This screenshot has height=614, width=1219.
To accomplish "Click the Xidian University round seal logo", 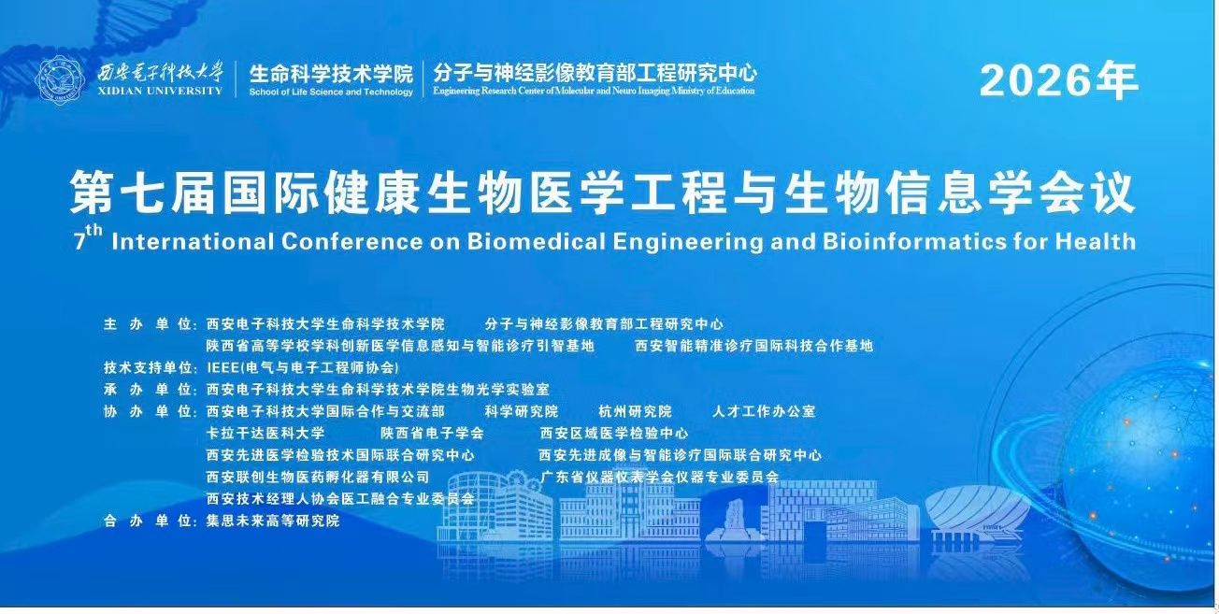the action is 60,79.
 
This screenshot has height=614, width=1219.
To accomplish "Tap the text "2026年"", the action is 1059,81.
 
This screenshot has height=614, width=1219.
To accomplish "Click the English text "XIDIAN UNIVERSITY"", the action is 160,91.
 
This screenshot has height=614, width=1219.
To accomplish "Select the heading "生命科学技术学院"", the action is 331,74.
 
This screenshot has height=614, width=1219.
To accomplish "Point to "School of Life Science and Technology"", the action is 331,92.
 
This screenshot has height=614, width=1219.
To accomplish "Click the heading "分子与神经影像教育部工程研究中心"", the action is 595,72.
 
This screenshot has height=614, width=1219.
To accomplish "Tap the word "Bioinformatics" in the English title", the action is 914,241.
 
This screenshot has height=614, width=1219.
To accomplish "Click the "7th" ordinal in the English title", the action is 88,238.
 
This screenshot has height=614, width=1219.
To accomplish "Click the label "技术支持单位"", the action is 148,368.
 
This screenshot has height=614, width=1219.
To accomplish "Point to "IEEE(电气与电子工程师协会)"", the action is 303,368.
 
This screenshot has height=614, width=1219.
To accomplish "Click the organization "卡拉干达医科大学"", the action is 265,434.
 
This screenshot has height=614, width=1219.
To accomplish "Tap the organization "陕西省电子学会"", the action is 432,434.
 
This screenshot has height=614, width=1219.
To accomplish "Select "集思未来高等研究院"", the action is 273,521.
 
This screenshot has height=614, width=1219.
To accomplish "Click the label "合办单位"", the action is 148,521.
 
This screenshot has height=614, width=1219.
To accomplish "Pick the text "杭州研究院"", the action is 635,412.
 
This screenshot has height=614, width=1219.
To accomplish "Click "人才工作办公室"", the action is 764,412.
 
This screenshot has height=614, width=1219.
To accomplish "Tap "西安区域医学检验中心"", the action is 614,434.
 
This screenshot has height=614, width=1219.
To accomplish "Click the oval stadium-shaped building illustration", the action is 978,514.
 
